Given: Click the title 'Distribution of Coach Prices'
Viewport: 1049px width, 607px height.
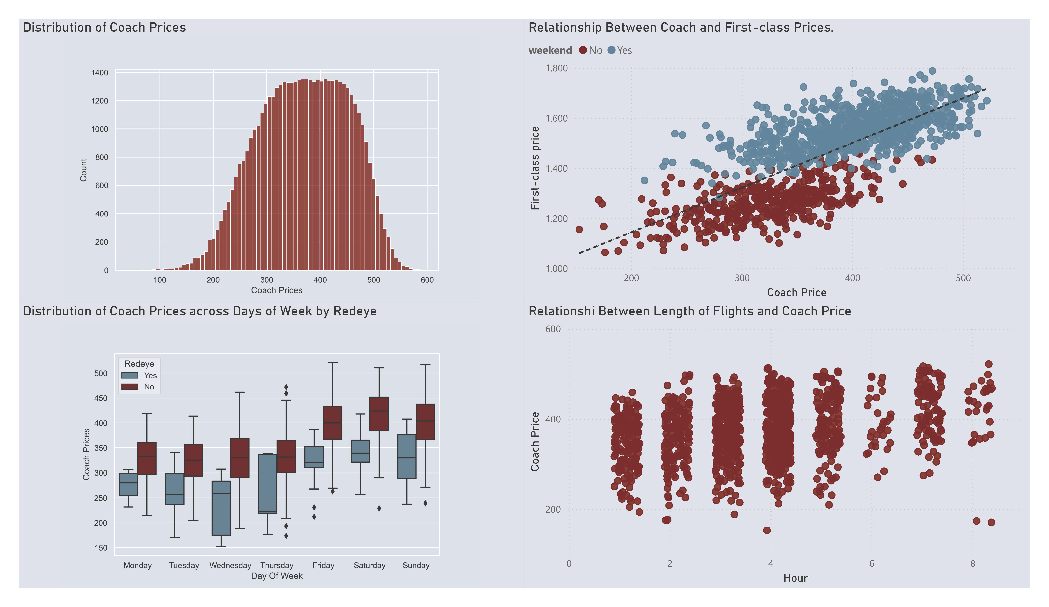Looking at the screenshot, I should (x=104, y=27).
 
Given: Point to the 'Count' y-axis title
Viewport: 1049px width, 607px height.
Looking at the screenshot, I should (x=83, y=170).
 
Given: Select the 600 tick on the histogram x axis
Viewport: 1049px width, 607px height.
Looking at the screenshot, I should (x=427, y=280).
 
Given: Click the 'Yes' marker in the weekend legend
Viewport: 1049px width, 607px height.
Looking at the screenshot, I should (x=612, y=50).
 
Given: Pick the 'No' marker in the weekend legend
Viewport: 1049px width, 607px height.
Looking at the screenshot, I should (x=583, y=50).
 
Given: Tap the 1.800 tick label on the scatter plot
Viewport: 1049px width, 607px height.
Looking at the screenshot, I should (x=556, y=68).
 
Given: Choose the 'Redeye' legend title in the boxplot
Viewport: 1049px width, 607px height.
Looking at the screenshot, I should (x=139, y=364).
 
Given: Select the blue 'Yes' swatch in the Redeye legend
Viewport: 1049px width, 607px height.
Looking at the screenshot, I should (x=129, y=375).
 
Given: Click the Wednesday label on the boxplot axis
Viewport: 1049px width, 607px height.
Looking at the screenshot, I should (x=230, y=565).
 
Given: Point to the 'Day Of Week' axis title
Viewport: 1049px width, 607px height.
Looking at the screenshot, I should (x=277, y=576).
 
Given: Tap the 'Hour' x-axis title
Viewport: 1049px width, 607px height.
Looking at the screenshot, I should (x=795, y=578).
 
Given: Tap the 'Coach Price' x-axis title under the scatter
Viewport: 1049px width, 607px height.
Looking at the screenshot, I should (x=796, y=292).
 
